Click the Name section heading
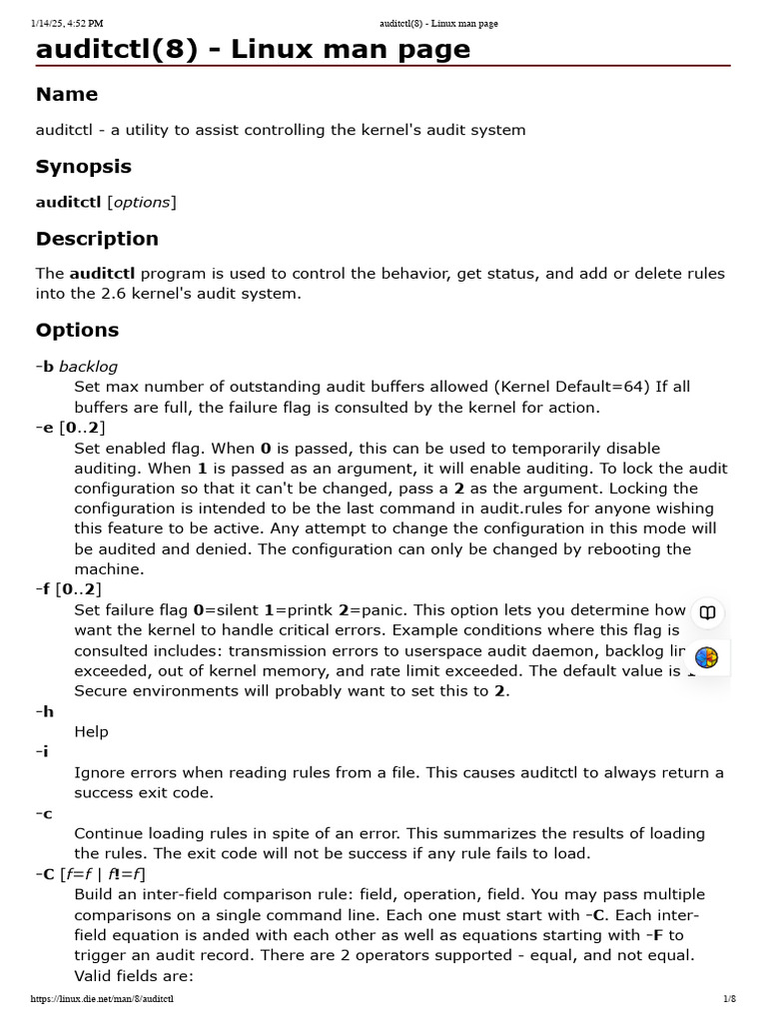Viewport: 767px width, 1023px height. (67, 95)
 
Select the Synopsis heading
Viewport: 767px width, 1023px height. (84, 167)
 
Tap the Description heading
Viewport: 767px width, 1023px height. (97, 239)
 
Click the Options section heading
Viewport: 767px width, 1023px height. (77, 330)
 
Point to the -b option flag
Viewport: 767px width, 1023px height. (45, 367)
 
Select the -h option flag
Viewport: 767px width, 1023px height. (45, 711)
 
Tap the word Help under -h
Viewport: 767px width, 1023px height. (91, 731)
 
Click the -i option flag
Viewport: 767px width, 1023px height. (43, 752)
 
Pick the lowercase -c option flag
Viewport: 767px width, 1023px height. (44, 813)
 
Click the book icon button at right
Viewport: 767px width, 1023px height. (707, 613)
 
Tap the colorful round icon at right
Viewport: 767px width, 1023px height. (707, 657)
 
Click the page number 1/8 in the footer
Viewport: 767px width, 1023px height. (729, 999)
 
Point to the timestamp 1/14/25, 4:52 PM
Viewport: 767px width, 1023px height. (67, 23)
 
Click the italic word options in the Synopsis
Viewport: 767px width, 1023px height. (142, 202)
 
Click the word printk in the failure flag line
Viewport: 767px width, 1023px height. (301, 610)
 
